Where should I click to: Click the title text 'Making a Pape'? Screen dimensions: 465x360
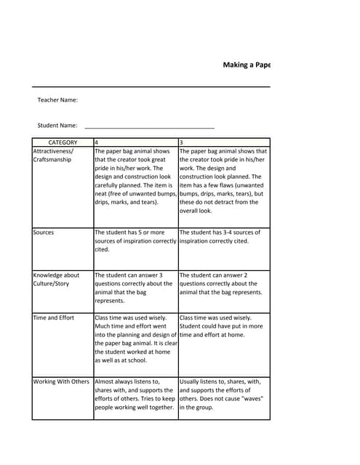[247, 65]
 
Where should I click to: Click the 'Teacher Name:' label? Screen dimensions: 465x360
[57, 100]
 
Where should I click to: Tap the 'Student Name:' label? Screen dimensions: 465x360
[57, 126]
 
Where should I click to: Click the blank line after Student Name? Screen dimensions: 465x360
[149, 126]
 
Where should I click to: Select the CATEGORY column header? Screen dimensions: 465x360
[63, 142]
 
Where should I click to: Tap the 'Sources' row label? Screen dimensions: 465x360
[44, 232]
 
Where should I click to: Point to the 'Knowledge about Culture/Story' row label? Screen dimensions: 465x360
[57, 280]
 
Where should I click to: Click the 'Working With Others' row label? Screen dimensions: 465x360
[61, 381]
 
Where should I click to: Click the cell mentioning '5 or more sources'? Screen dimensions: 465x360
[135, 240]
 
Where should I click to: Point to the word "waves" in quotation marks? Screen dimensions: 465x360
[251, 399]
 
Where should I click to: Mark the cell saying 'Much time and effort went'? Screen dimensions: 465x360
[135, 339]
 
